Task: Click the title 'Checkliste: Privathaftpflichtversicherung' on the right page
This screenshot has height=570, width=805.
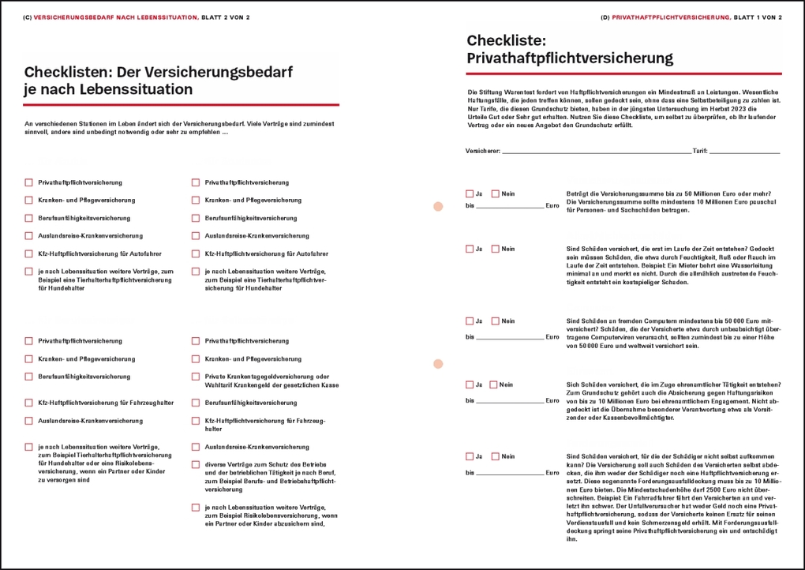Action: pos(569,49)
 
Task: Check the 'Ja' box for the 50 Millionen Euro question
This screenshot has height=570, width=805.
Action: pos(470,193)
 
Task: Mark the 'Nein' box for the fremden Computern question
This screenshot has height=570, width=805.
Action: pos(496,321)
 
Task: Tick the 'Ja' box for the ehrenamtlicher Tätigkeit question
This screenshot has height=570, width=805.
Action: pos(470,385)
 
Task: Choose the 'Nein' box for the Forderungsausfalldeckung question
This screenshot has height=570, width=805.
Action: pos(496,456)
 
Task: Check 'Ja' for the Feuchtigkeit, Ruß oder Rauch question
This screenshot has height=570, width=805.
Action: pos(470,249)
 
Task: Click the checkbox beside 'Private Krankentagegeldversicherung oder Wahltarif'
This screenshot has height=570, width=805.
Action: pos(196,377)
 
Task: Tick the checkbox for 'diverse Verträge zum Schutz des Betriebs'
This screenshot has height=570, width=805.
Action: pos(196,464)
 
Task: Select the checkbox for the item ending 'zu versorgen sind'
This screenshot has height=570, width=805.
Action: pos(29,447)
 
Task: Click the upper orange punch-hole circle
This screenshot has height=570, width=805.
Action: pos(438,207)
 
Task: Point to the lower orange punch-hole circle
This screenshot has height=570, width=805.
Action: pos(438,364)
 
